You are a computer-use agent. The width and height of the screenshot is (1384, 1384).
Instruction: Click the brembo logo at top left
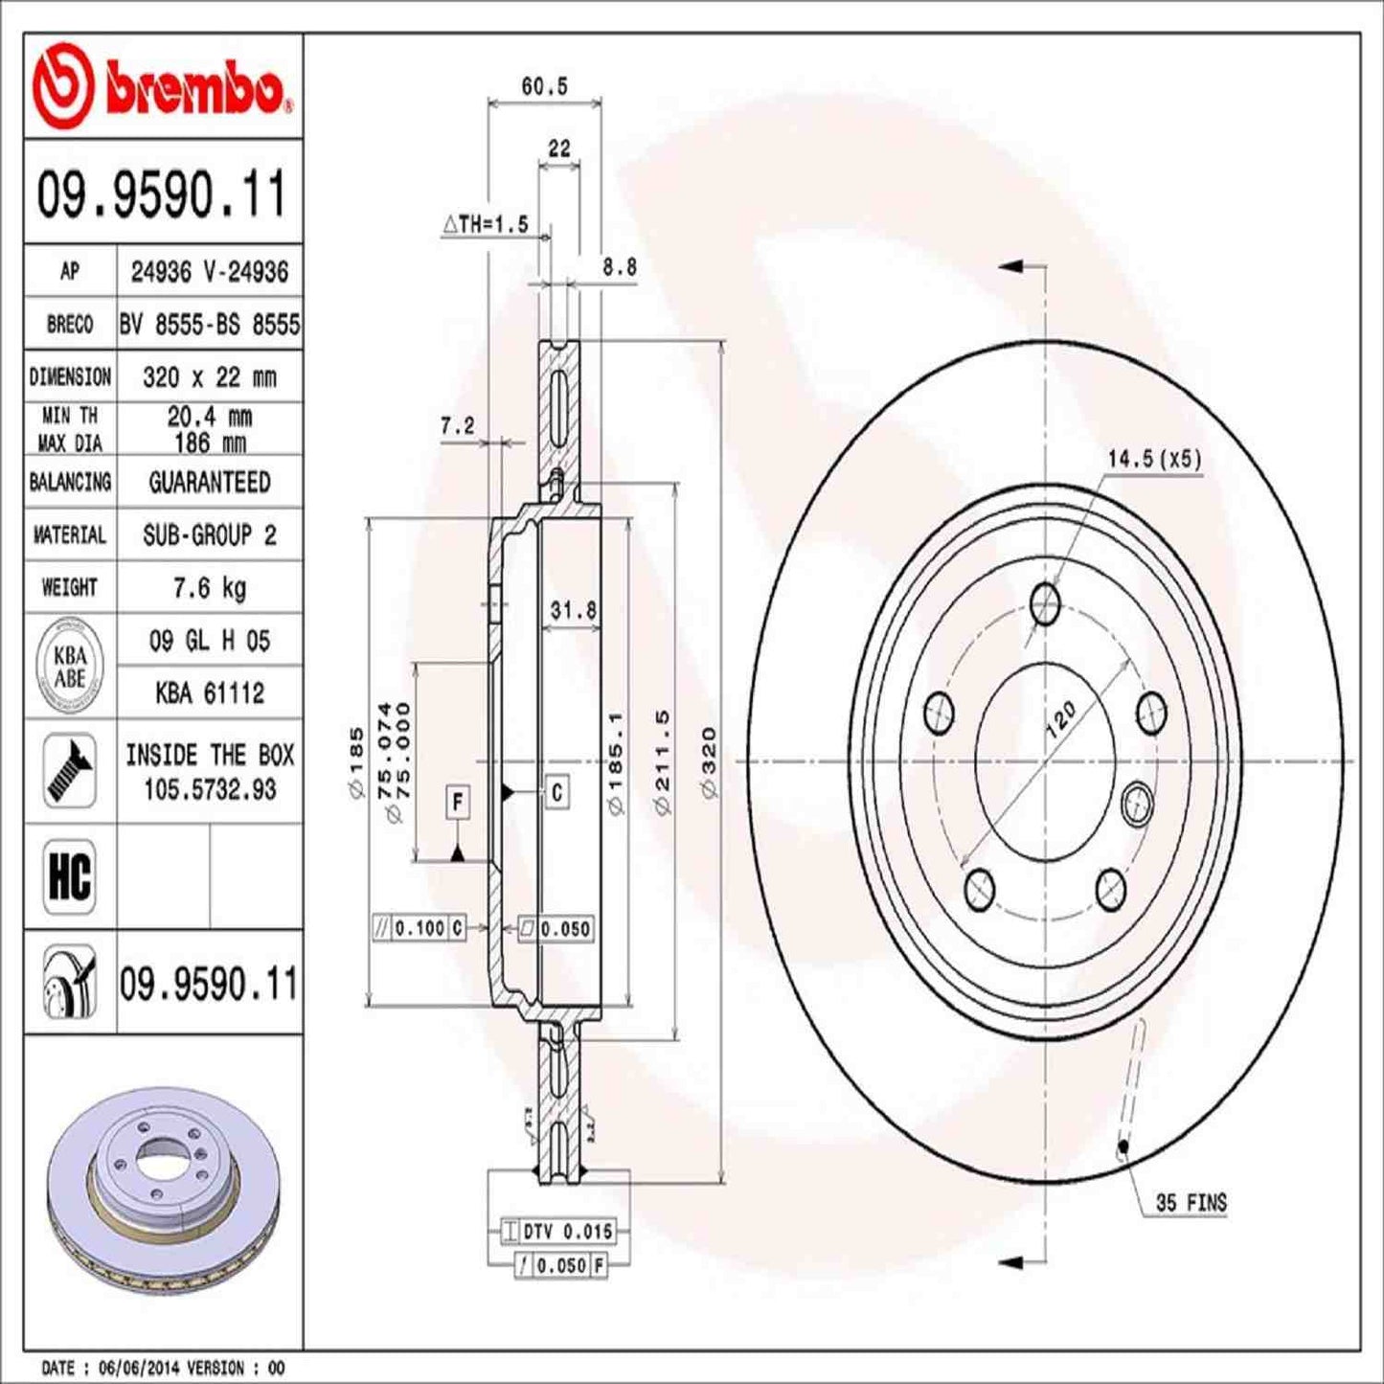point(161,86)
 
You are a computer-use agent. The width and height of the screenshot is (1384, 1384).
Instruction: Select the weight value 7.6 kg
point(209,587)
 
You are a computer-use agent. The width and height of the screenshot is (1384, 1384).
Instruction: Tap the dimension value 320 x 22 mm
point(209,377)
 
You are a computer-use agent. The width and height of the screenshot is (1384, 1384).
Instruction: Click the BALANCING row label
point(70,482)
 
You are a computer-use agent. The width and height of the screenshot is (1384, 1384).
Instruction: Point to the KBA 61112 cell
point(209,692)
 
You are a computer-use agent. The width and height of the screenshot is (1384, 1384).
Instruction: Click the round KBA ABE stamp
point(70,667)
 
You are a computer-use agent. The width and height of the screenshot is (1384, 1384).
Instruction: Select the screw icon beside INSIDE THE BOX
point(70,771)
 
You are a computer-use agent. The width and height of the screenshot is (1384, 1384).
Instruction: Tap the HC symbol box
point(70,875)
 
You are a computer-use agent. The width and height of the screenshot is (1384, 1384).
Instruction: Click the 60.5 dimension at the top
point(544,86)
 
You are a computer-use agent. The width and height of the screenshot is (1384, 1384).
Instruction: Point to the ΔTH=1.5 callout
point(486,224)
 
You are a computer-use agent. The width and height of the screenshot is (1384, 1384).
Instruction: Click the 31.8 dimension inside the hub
point(573,610)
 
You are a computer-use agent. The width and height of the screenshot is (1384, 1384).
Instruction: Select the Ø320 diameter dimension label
point(709,761)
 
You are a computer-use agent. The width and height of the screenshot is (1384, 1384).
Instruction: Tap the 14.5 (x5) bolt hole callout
point(1153,459)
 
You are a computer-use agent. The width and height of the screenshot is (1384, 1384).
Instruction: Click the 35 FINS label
point(1191,1202)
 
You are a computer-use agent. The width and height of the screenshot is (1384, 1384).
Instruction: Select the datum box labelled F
point(458,802)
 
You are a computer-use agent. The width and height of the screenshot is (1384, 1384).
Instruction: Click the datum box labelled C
point(556,791)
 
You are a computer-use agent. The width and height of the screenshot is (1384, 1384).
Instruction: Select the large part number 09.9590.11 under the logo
point(161,194)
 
